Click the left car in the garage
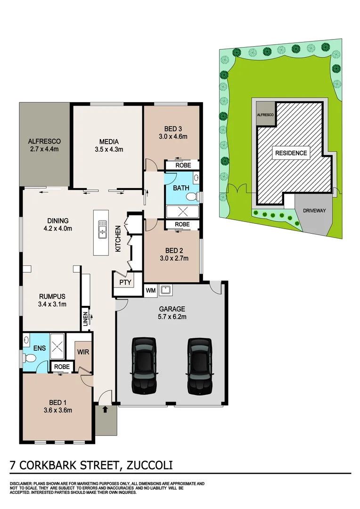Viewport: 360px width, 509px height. click(x=143, y=366)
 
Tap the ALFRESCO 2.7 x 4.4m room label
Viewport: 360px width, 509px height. click(x=44, y=145)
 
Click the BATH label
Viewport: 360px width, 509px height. click(x=181, y=188)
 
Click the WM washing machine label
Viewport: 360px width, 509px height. click(x=151, y=289)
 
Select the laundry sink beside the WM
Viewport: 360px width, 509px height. click(x=166, y=289)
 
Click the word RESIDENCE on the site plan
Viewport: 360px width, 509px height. click(x=291, y=153)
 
